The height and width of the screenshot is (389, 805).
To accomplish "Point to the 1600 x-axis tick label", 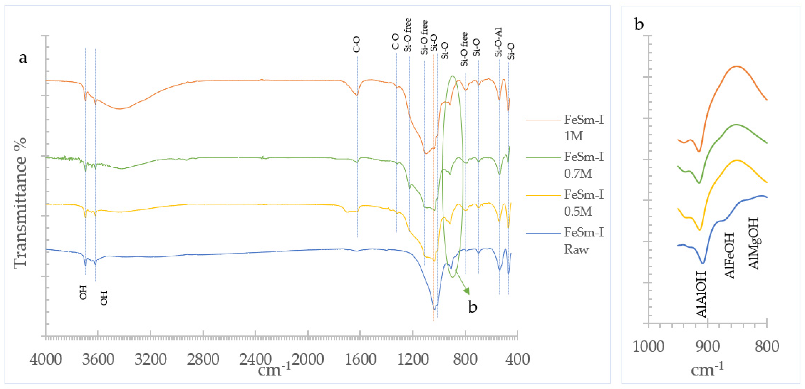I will pyautogui.click(x=360, y=359).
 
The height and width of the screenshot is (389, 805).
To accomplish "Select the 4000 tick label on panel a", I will pyautogui.click(x=46, y=359).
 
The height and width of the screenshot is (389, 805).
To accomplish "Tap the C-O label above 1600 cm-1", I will pyautogui.click(x=356, y=44).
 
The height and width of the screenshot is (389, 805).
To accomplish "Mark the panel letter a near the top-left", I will pyautogui.click(x=23, y=58).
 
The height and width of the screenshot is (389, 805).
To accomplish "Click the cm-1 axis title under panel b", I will pyautogui.click(x=707, y=370).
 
